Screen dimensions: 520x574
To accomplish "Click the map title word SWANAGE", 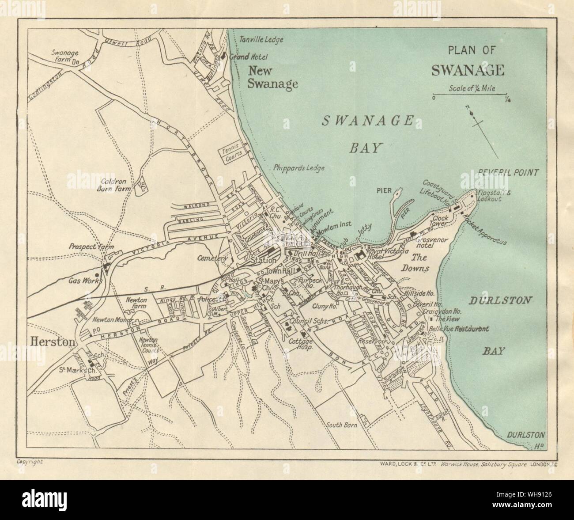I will (x=468, y=70).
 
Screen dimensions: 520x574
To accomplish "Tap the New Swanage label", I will (x=272, y=77).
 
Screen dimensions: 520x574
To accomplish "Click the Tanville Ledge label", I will (x=261, y=39).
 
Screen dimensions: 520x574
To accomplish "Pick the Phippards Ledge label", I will (x=299, y=168).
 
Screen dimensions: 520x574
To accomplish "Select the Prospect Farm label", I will (x=85, y=247).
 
